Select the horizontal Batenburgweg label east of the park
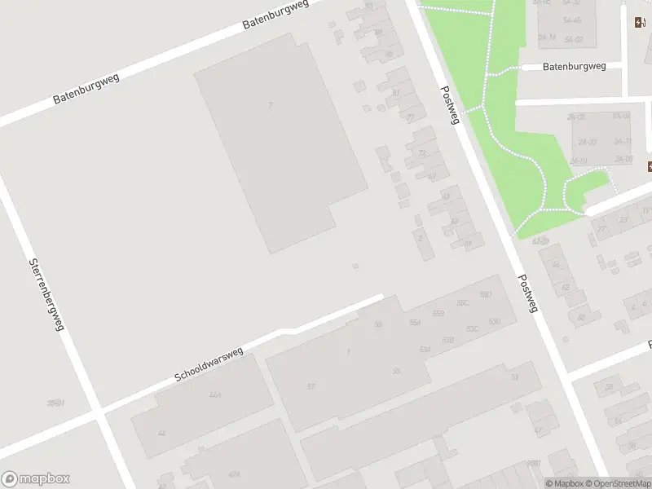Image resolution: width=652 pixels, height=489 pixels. (x=574, y=67)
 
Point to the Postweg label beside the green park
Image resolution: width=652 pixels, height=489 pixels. (x=450, y=105)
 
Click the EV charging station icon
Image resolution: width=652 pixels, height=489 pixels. (x=637, y=22)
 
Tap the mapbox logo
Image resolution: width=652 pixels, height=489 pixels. (x=36, y=479)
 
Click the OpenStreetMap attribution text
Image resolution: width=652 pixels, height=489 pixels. (x=615, y=483)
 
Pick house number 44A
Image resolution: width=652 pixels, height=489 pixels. (x=215, y=395)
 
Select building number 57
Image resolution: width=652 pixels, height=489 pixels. (x=311, y=385)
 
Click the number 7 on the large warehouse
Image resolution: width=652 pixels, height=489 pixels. (x=270, y=106)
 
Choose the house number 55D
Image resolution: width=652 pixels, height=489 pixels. (x=487, y=295)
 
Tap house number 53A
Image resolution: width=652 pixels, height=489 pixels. (x=424, y=350)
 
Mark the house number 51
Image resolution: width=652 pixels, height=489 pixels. (x=514, y=377)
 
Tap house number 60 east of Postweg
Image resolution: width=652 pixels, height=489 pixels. (x=580, y=318)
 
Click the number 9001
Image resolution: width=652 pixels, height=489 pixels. (x=534, y=463)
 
